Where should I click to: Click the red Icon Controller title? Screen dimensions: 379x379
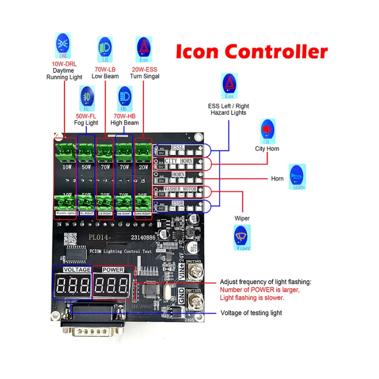[252, 51]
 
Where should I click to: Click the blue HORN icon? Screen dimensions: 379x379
[298, 177]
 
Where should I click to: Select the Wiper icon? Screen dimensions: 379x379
[243, 237]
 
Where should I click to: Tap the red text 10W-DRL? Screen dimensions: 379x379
[64, 64]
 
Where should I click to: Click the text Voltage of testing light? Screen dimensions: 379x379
[251, 313]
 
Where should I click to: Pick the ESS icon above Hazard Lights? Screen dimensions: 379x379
[229, 85]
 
